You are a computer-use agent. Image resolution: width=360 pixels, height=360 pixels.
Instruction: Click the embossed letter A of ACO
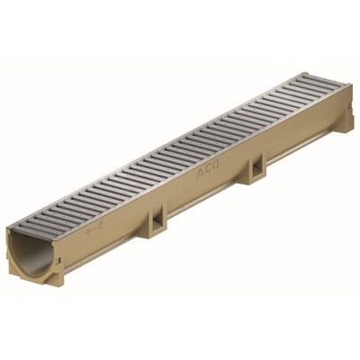[201, 173]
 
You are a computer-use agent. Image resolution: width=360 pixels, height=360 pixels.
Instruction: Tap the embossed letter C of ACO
[210, 168]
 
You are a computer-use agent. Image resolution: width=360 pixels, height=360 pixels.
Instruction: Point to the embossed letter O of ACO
[217, 165]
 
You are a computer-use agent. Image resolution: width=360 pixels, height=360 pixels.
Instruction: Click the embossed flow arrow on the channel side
[94, 229]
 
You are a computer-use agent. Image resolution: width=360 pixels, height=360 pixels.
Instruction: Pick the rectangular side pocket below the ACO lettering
[256, 168]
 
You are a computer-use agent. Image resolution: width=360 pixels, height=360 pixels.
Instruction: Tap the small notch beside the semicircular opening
[60, 259]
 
